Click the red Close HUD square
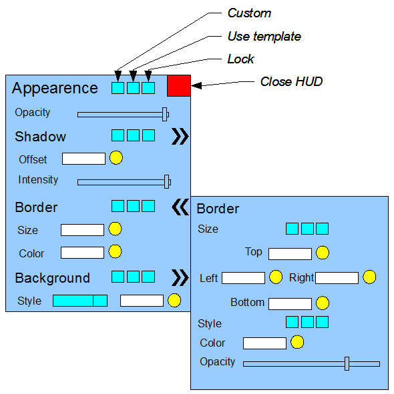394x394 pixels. tap(179, 86)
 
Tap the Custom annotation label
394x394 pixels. tap(249, 13)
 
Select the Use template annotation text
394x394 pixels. tap(264, 37)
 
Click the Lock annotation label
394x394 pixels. tap(240, 59)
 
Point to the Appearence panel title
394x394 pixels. tap(55, 88)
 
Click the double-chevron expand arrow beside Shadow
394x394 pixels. tap(180, 137)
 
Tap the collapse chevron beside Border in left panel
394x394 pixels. tap(180, 207)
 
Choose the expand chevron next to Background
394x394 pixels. tap(180, 277)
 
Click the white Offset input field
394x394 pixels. tap(84, 159)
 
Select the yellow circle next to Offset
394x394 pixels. tap(116, 158)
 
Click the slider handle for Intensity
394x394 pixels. tap(166, 182)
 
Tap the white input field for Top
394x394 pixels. tap(290, 254)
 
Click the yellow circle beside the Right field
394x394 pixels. tap(369, 277)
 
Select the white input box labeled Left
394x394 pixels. tap(244, 278)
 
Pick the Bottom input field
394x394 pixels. tap(290, 304)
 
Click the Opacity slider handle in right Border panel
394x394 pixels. tap(347, 363)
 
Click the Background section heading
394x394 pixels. tap(52, 278)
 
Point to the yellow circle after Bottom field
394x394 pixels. tap(323, 303)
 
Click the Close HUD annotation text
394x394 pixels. tap(291, 81)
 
